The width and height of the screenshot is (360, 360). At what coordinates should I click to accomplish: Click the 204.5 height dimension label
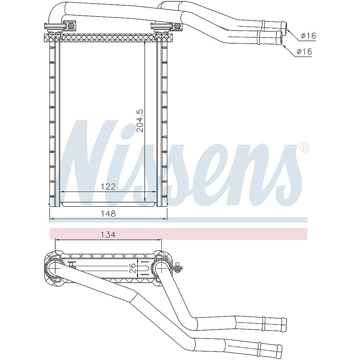click(x=140, y=120)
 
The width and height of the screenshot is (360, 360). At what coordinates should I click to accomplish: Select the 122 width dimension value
click(x=108, y=187)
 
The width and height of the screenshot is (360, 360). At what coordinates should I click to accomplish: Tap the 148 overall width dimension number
click(x=108, y=213)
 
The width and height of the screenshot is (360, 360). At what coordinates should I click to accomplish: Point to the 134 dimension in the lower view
click(x=108, y=235)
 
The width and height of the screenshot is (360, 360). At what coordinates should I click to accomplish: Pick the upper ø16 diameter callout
click(x=308, y=36)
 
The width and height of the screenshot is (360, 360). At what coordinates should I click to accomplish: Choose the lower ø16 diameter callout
click(x=304, y=52)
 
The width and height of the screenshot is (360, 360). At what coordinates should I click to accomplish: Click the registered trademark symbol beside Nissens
click(x=304, y=148)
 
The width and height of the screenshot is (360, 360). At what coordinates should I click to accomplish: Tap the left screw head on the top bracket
click(x=72, y=26)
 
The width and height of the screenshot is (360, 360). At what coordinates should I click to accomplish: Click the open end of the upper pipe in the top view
click(x=285, y=25)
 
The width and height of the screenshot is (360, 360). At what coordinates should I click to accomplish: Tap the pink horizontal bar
click(x=179, y=233)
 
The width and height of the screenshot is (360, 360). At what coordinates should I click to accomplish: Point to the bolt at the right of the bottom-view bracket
click(x=178, y=268)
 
